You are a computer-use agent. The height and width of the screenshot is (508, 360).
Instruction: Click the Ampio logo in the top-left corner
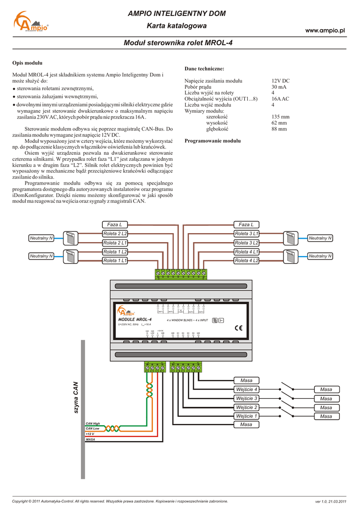(x=31, y=23)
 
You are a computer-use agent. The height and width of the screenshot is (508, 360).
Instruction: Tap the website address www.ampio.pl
(x=325, y=31)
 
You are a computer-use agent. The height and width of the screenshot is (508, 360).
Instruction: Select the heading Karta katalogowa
(x=177, y=26)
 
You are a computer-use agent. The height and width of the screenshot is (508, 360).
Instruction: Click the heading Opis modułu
(x=27, y=63)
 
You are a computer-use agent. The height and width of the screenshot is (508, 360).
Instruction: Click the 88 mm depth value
(x=279, y=129)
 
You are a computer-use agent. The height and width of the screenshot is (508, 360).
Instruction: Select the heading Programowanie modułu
(x=213, y=141)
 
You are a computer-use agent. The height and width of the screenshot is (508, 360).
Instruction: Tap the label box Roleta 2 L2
(x=115, y=234)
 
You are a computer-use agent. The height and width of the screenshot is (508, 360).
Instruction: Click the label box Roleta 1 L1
(x=115, y=260)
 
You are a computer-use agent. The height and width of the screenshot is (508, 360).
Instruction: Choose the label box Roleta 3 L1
(x=247, y=234)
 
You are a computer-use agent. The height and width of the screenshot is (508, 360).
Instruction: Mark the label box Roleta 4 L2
(x=247, y=260)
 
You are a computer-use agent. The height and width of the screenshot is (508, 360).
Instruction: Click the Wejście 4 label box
(x=247, y=389)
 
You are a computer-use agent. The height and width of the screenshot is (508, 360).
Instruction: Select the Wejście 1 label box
(x=247, y=416)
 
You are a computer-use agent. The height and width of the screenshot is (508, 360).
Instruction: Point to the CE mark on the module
(x=238, y=327)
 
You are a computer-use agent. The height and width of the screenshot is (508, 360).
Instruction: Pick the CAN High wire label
(x=93, y=423)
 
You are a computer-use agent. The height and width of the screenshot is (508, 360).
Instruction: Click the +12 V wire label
(x=90, y=434)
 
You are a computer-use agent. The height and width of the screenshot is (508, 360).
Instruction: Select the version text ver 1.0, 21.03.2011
(x=330, y=502)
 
